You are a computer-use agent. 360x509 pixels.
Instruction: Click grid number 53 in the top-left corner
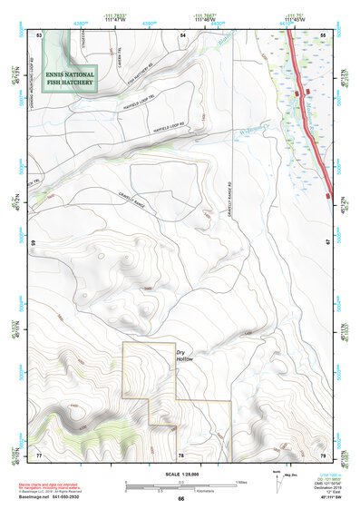point(39,34)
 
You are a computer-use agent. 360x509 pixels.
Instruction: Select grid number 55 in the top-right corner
point(324,34)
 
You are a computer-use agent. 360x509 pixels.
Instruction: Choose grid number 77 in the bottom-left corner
point(39,454)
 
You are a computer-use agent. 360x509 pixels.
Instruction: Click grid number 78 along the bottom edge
point(181,454)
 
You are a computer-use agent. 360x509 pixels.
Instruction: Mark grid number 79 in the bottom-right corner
point(323,454)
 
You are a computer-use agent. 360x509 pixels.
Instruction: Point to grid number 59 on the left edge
point(34,243)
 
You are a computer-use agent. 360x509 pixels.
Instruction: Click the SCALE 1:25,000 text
point(180,475)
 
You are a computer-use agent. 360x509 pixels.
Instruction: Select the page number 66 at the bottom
point(180,498)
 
